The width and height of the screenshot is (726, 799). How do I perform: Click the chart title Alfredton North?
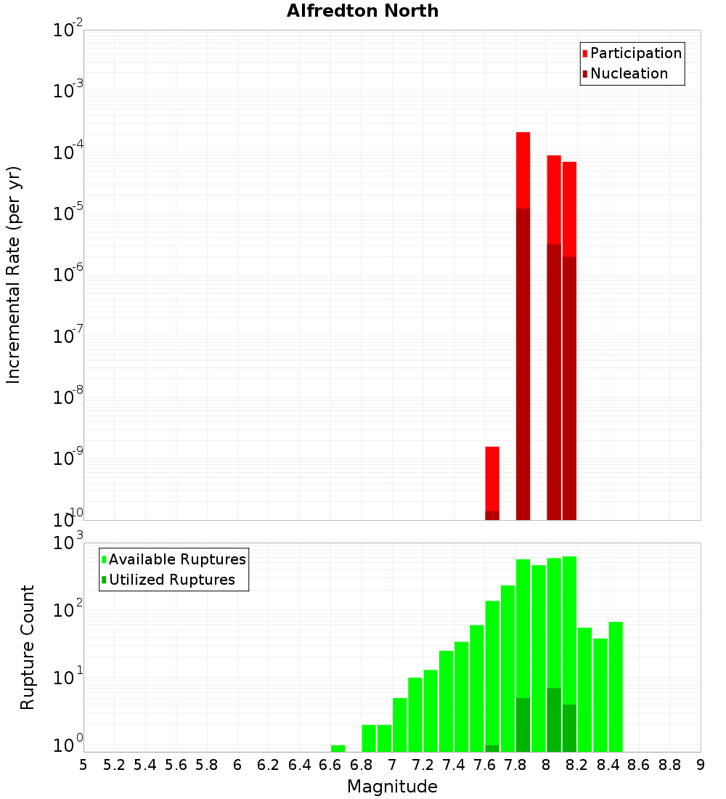click(x=362, y=11)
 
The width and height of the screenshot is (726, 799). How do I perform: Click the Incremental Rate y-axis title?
click(x=14, y=275)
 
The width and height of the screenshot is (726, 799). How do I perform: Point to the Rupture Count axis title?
click(x=28, y=647)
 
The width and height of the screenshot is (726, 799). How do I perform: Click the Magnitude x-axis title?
click(x=392, y=787)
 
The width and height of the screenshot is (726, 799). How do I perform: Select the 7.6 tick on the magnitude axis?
click(x=484, y=765)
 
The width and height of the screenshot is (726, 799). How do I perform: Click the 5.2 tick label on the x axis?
click(x=114, y=765)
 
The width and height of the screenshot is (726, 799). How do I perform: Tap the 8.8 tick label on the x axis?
click(x=669, y=765)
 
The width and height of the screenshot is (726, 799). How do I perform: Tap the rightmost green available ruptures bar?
click(x=616, y=686)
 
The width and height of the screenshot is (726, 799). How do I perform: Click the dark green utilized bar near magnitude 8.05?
click(x=554, y=719)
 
